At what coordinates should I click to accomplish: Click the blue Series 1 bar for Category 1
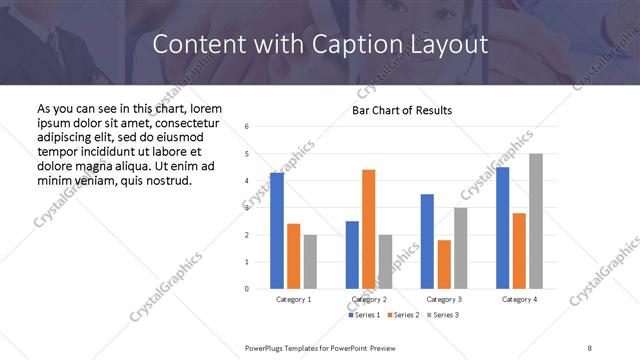(276, 231)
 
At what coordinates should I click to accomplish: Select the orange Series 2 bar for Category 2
(369, 229)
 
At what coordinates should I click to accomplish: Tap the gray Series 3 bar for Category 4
(536, 221)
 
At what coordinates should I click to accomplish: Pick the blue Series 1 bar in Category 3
(427, 241)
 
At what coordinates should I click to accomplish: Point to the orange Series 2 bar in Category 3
(444, 264)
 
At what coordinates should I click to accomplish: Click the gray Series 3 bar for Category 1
(310, 262)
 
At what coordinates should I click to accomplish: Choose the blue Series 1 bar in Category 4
(503, 228)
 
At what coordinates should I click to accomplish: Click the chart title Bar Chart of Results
(401, 110)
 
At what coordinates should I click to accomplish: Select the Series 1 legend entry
(363, 315)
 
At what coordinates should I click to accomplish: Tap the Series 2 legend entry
(402, 315)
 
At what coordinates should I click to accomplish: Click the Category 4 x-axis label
(519, 299)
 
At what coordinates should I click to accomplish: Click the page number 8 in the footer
(590, 347)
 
